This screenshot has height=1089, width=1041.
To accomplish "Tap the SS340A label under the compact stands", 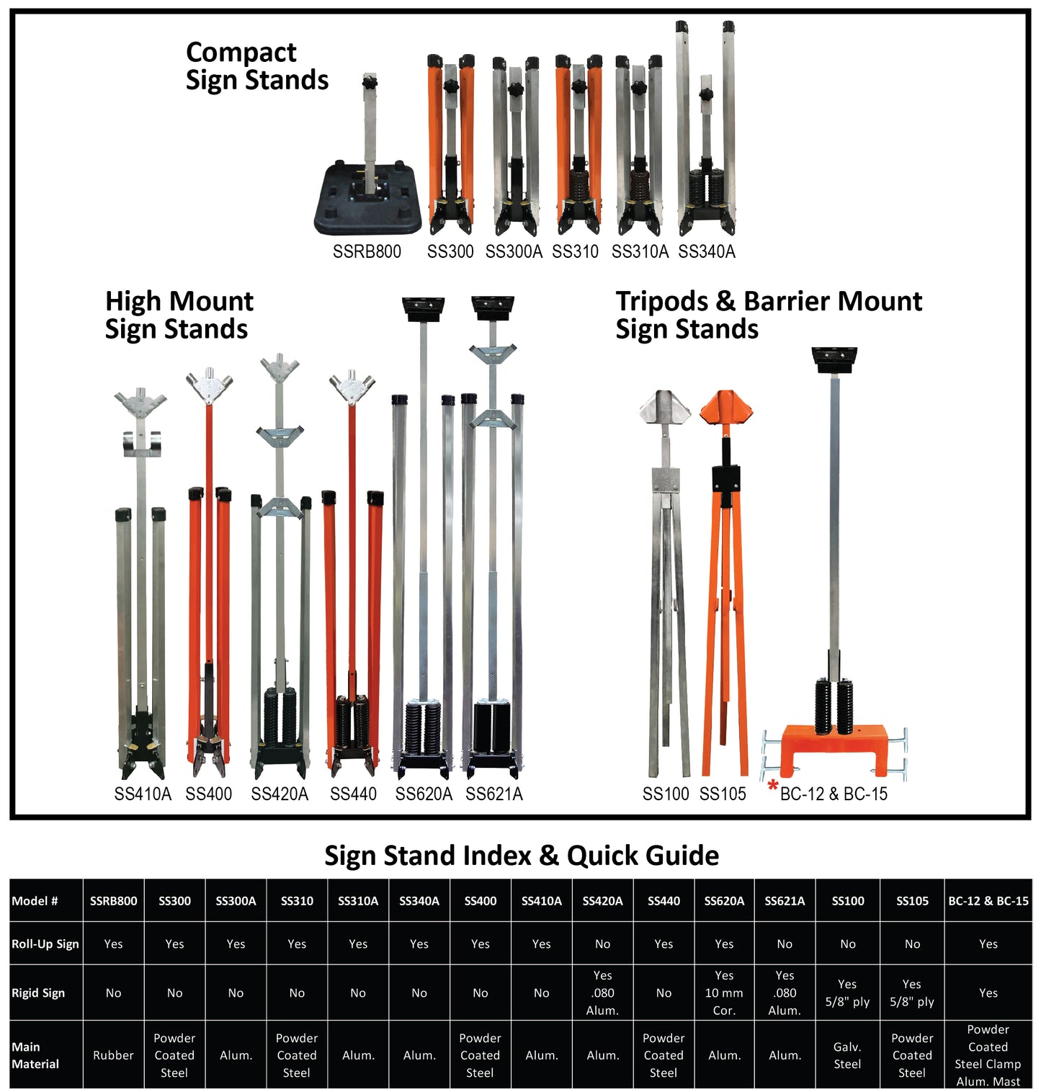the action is point(707,251).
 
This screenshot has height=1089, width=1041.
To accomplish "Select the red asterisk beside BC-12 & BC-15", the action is point(773,786).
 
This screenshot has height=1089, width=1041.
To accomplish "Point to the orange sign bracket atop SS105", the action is point(726,408).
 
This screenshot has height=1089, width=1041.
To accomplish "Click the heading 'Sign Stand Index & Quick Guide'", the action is point(522,856).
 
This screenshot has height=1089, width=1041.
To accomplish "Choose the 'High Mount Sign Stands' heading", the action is point(179,315).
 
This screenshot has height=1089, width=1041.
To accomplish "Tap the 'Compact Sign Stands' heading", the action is point(256,66).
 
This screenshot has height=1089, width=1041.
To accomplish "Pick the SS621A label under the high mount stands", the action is point(494,794).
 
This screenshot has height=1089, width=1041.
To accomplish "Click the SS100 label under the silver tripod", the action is point(666,794).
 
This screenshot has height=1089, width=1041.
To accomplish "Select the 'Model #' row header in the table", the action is point(35,901).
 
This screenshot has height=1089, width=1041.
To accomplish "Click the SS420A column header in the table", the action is point(602,901).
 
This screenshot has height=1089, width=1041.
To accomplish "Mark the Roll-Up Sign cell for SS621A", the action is point(785,944).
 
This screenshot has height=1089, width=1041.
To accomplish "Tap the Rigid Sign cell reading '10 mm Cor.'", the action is point(724,992).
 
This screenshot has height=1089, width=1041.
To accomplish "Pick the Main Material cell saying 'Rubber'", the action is point(113,1055).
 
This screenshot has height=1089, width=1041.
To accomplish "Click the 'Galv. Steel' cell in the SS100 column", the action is point(847,1055).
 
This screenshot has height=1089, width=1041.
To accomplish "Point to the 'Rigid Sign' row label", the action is point(38,992).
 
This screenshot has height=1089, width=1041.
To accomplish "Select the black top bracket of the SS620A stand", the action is point(423,309).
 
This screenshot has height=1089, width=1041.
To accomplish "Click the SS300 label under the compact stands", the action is point(450,251).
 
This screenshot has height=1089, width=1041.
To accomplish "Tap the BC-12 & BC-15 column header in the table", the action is point(988,901).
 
